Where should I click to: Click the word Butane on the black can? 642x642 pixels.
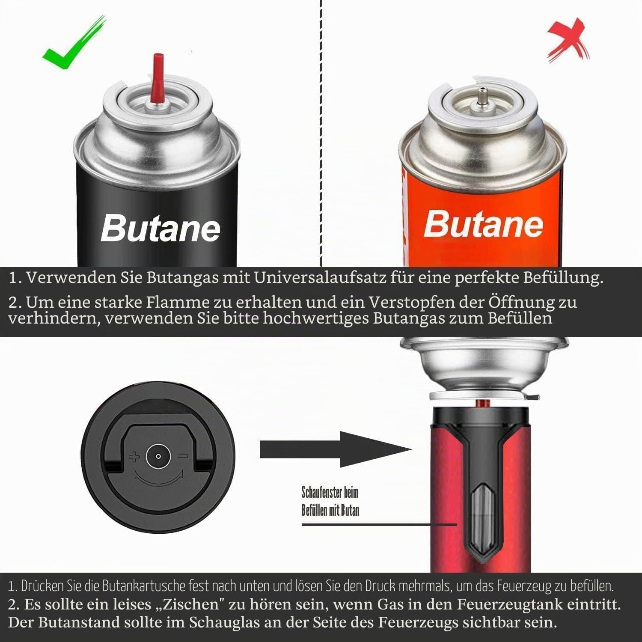[x=160, y=228]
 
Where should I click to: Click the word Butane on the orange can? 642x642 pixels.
[x=484, y=223]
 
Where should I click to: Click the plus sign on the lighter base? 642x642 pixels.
[x=134, y=457]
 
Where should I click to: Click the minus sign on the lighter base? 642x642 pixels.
[x=183, y=457]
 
